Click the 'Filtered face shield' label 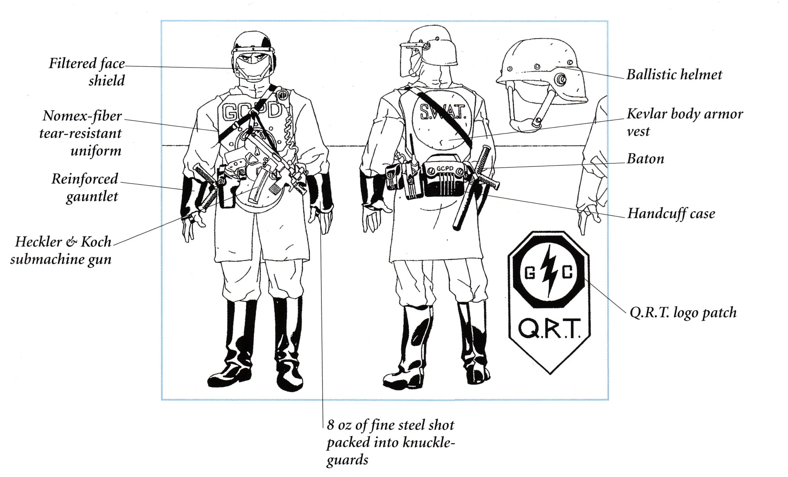tap(87, 72)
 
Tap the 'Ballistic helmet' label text tap(674, 74)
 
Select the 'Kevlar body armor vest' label tap(685, 122)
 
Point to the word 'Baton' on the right tap(645, 159)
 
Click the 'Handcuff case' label tap(671, 213)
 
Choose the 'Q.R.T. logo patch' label tap(683, 312)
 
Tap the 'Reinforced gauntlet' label tap(85, 187)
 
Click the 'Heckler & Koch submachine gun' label tap(61, 250)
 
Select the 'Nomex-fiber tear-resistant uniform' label tap(80, 133)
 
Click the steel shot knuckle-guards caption tap(391, 442)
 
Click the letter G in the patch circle tap(530, 273)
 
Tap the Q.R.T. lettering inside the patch tap(549, 328)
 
